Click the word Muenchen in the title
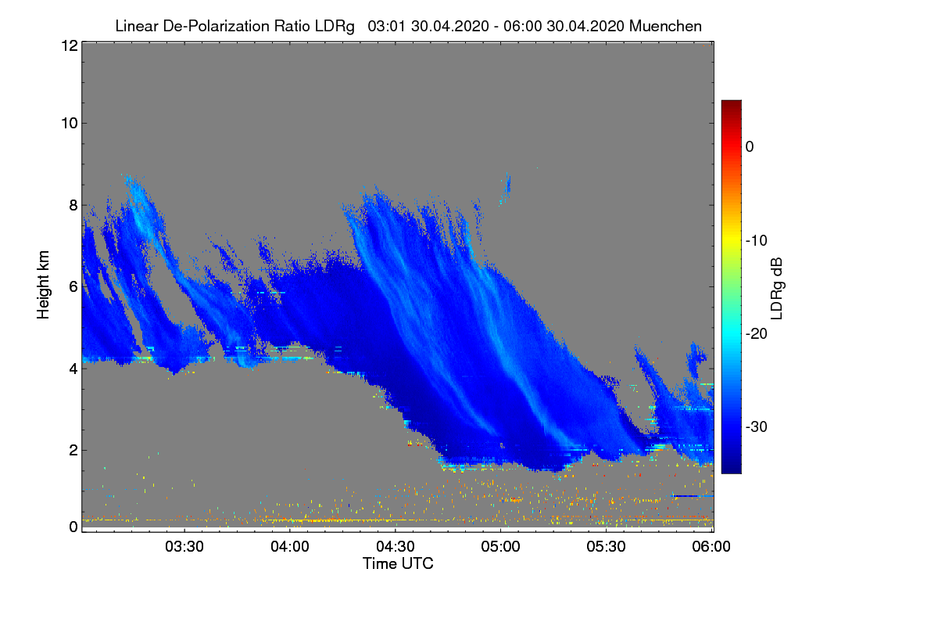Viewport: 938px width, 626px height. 665,26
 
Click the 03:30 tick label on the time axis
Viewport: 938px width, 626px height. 184,546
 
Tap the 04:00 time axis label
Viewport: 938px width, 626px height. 290,546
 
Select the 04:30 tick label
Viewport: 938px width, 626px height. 396,546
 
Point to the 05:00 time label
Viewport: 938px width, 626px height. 501,546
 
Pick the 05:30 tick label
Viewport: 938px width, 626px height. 607,546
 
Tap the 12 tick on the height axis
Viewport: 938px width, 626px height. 68,46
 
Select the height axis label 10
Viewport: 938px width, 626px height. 68,123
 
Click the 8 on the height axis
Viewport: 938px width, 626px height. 73,205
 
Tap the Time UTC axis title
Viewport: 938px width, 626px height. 398,563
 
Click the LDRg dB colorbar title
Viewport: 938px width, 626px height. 777,286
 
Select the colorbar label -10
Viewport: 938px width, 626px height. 756,240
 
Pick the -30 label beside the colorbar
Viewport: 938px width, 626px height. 756,427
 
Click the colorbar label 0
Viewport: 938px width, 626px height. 749,146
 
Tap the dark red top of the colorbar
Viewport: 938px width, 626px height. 731,105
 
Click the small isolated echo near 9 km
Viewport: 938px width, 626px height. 507,184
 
